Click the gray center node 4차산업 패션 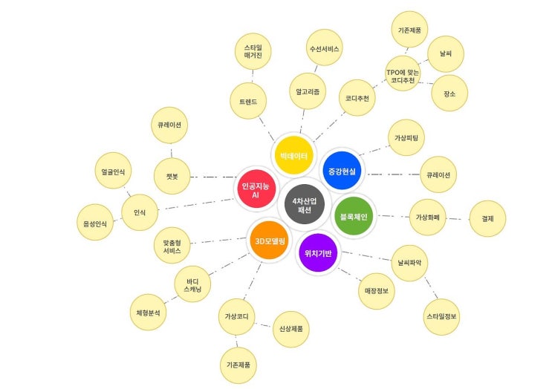pyautogui.click(x=305, y=204)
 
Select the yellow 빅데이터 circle pyautogui.click(x=294, y=155)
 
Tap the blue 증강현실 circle pyautogui.click(x=342, y=171)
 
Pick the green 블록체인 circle pyautogui.click(x=354, y=216)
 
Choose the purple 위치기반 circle pyautogui.click(x=318, y=253)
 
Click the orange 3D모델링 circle pyautogui.click(x=270, y=241)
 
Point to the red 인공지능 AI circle pyautogui.click(x=256, y=189)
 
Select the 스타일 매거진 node pyautogui.click(x=253, y=51)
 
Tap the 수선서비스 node pyautogui.click(x=324, y=48)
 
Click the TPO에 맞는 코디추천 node pyautogui.click(x=403, y=73)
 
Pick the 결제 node pyautogui.click(x=487, y=218)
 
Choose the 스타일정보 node pyautogui.click(x=441, y=316)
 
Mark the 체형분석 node pyautogui.click(x=148, y=313)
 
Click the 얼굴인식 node pyautogui.click(x=113, y=171)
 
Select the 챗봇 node pyautogui.click(x=172, y=176)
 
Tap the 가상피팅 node pyautogui.click(x=406, y=137)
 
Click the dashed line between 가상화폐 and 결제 pyautogui.click(x=458, y=219)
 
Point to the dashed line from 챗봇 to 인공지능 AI pyautogui.click(x=213, y=177)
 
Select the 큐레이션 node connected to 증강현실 pyautogui.click(x=438, y=174)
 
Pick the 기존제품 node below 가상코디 pyautogui.click(x=238, y=365)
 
